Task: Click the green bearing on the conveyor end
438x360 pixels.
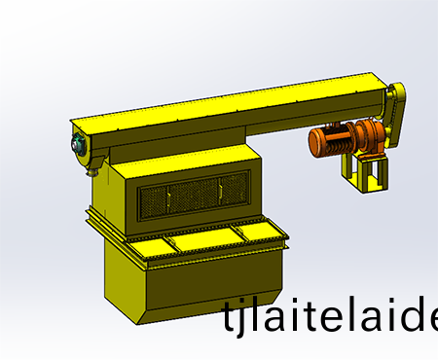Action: [x=77, y=144]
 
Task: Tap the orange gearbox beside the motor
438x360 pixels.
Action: [x=369, y=135]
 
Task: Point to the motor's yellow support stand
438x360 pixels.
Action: [x=364, y=172]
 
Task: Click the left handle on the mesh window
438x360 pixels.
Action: [x=168, y=198]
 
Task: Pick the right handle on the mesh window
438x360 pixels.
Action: [x=220, y=191]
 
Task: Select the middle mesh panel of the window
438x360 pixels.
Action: [x=193, y=196]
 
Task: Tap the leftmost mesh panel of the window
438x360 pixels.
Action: [x=154, y=202]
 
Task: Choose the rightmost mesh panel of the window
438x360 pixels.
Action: [x=234, y=188]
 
